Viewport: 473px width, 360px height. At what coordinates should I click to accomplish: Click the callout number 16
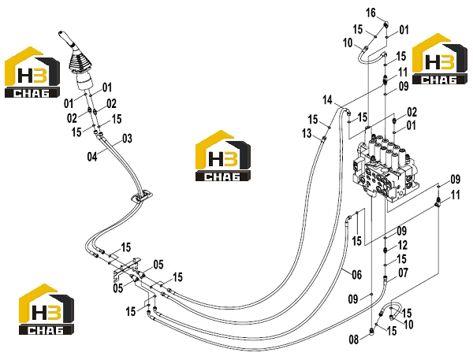(x=371, y=13)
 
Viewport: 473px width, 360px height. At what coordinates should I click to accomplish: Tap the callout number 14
(x=328, y=100)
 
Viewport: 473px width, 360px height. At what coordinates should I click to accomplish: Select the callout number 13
(x=307, y=133)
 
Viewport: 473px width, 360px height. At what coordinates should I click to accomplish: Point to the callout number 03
(x=127, y=139)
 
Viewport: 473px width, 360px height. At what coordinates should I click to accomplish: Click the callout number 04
(x=92, y=157)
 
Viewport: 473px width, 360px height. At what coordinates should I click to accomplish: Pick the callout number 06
(x=356, y=275)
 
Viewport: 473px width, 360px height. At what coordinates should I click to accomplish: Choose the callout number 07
(x=403, y=273)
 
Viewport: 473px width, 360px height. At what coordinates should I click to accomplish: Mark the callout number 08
(x=353, y=340)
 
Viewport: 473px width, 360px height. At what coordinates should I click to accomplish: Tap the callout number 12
(x=403, y=245)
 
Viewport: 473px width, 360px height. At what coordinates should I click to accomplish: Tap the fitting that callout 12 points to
(x=385, y=250)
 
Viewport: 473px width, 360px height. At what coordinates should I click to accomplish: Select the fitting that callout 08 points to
(x=371, y=331)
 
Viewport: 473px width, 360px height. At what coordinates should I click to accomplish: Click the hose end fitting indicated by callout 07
(x=385, y=278)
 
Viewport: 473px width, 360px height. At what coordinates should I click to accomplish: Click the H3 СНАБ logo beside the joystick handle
(x=32, y=72)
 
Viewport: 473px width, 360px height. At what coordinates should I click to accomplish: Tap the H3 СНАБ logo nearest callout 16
(x=440, y=59)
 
